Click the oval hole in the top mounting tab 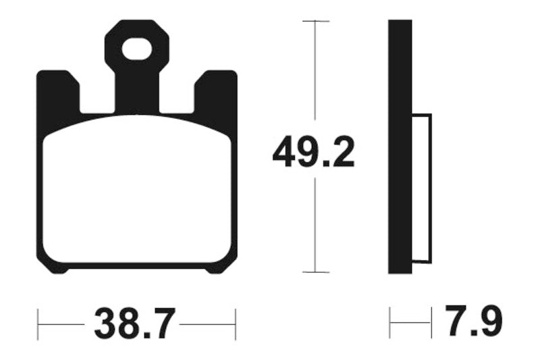pos(137,49)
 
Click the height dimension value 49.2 pos(313,155)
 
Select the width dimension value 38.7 pos(134,324)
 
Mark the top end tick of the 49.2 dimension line pos(315,22)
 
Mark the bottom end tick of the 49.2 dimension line pos(315,272)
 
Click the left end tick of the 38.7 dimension pos(38,324)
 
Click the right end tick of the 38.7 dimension pos(235,324)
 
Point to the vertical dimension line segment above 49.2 pos(315,74)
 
